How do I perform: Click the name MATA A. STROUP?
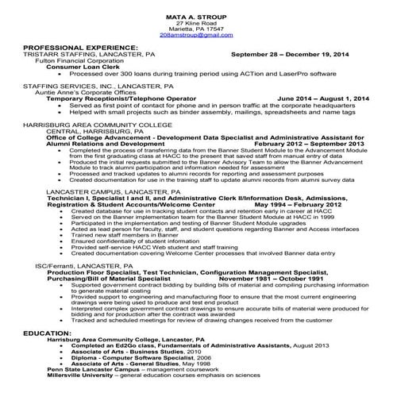pos(196,17)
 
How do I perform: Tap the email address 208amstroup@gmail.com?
pos(196,37)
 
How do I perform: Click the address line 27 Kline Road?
pos(196,24)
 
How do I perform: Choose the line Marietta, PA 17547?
pos(196,30)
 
